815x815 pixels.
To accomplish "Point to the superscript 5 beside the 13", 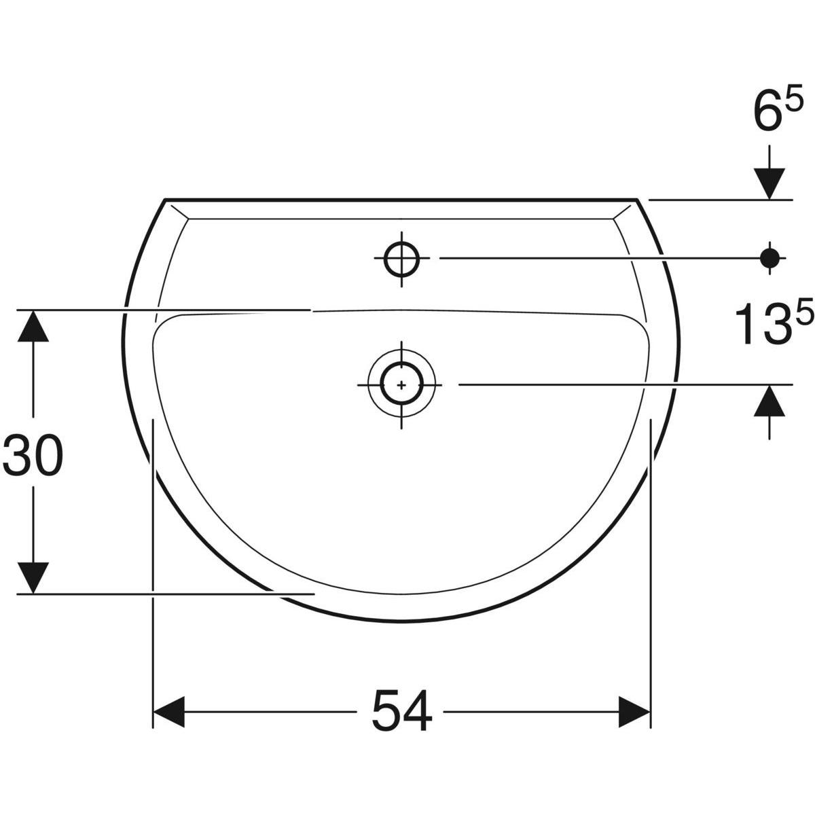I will pyautogui.click(x=803, y=313).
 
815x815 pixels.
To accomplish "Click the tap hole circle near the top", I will pyautogui.click(x=401, y=258).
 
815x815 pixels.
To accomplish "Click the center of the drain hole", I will pyautogui.click(x=401, y=384).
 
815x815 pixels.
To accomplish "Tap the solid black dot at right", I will pyautogui.click(x=769, y=257).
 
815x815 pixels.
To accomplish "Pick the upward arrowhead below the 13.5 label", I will pyautogui.click(x=769, y=401).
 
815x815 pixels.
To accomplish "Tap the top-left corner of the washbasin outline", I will pyautogui.click(x=165, y=200).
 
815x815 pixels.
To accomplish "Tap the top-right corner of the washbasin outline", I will pyautogui.click(x=638, y=200).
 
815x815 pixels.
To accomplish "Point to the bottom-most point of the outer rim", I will pyautogui.click(x=401, y=620).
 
